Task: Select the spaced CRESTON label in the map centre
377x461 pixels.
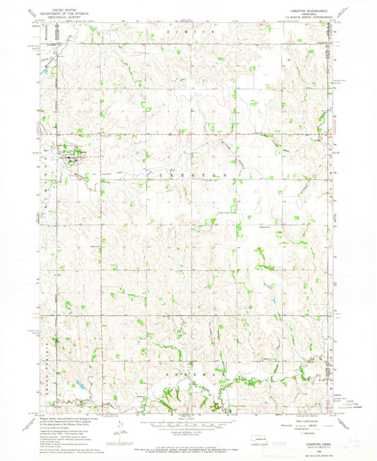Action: [187, 173]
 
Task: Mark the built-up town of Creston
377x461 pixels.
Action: [73, 156]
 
